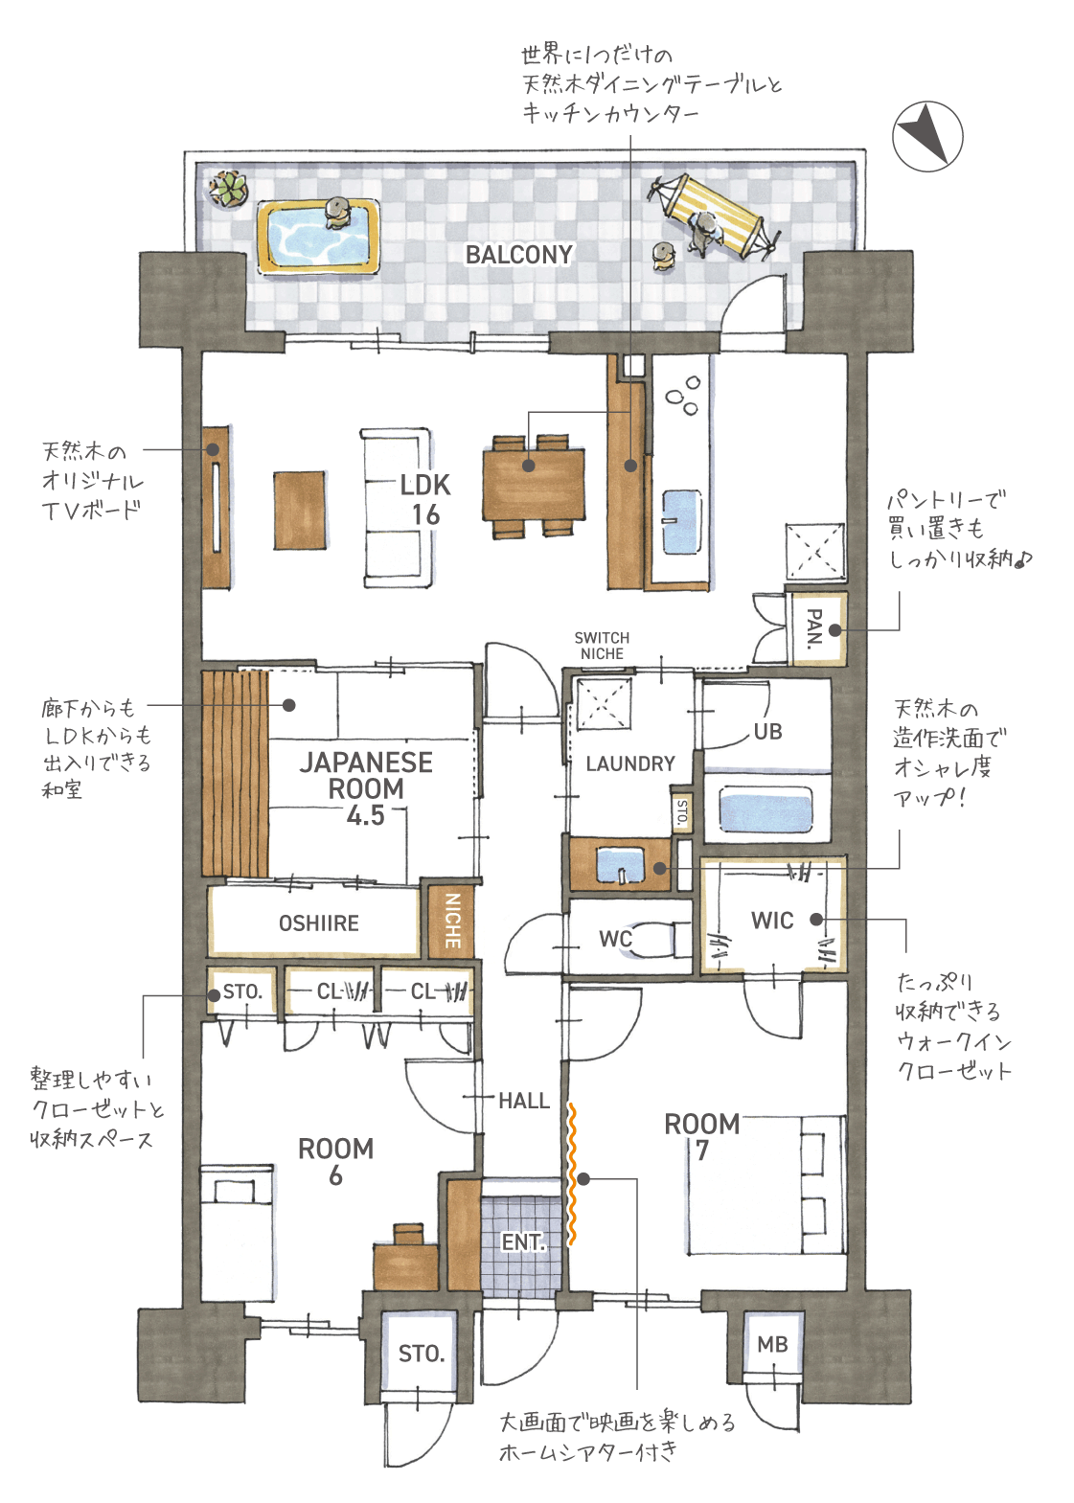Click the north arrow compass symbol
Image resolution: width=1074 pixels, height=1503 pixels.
pos(927,136)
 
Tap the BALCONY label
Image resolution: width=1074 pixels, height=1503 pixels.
pos(519,254)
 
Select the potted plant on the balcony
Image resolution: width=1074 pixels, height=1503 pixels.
pos(228,188)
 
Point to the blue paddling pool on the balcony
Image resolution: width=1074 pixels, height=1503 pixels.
pos(319,236)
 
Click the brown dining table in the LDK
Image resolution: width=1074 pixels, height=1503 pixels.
pos(534,485)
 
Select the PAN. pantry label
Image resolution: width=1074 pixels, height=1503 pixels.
pos(813,629)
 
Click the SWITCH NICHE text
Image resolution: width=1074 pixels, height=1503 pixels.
pos(602,646)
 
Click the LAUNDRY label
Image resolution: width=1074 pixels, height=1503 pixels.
pos(630,763)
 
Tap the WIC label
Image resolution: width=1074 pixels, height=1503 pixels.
pos(772,921)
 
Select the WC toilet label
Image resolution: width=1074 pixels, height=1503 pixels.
pos(615,939)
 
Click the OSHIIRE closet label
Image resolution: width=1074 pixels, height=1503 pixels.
pos(319,923)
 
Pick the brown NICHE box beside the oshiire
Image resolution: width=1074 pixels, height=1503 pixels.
pos(451,920)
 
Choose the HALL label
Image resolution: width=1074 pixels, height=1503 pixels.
pos(524,1101)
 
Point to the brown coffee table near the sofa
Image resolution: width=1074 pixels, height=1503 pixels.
pos(300,511)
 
